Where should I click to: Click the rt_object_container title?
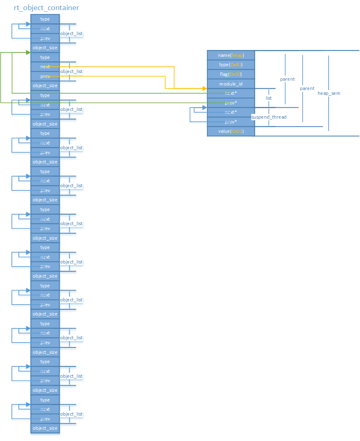[46, 8]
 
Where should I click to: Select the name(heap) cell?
[231, 55]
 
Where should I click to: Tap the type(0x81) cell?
[231, 65]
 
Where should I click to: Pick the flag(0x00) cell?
[231, 74]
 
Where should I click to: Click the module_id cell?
[231, 84]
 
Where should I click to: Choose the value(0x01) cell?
[231, 131]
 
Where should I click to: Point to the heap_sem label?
[329, 93]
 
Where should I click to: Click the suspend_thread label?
[269, 117]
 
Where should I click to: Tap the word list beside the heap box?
[269, 98]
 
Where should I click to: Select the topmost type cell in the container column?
[45, 19]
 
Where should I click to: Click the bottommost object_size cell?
[45, 428]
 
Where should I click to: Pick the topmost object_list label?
[71, 33]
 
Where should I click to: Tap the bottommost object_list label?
[71, 414]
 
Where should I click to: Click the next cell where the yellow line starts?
[45, 67]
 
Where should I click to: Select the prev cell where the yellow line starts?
[45, 76]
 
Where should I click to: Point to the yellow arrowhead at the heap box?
[205, 88]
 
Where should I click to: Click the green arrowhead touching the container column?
[28, 52]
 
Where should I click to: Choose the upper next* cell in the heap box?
[231, 93]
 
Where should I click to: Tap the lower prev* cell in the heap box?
[231, 122]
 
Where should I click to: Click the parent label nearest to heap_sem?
[307, 88]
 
